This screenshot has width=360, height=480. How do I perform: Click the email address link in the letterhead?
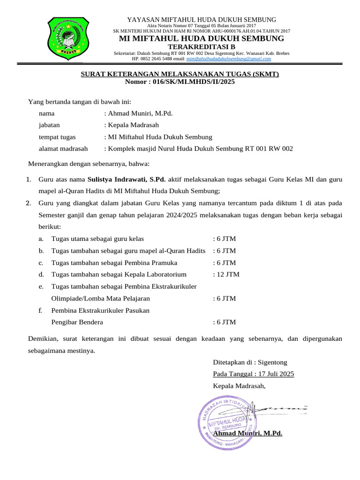[228, 59]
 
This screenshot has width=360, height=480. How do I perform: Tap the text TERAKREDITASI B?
[202, 47]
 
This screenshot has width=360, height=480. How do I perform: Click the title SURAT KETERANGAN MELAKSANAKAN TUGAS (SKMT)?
[180, 74]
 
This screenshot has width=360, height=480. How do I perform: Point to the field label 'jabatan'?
[49, 125]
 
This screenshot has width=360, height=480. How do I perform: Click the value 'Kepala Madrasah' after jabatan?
[134, 125]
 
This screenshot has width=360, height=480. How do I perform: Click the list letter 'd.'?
[41, 275]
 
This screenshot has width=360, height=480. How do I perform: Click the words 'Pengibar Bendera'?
[77, 322]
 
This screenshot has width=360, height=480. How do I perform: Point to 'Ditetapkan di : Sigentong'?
[250, 362]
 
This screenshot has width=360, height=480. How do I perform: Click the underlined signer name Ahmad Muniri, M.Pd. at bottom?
[247, 433]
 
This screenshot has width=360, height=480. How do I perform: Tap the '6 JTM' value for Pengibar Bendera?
[225, 322]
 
